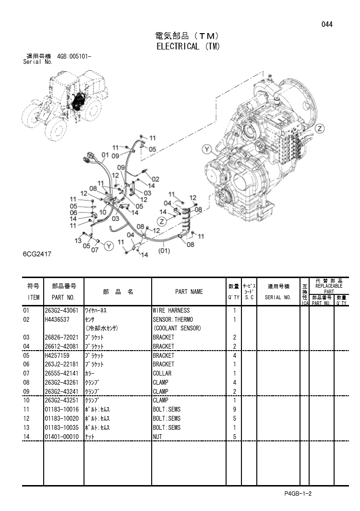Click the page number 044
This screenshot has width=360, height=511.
coord(327,25)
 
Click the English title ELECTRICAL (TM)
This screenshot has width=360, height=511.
coord(188,47)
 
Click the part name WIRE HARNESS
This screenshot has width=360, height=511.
coord(171,311)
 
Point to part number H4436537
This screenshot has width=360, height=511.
coord(58,319)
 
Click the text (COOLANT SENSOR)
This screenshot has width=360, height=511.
coord(177,328)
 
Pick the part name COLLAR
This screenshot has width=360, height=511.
coord(162,373)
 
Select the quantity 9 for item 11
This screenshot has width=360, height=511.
coord(234,409)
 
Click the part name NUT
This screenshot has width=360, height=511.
coord(157,437)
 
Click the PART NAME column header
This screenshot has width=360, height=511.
coord(189,292)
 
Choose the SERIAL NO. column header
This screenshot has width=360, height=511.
coord(278,297)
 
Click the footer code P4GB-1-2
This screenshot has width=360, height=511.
coord(298,494)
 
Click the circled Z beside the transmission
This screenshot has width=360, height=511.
coord(321,128)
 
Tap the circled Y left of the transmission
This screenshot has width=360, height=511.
coord(207,149)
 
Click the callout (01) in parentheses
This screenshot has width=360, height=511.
coord(164,250)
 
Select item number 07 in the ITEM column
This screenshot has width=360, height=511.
coord(26,373)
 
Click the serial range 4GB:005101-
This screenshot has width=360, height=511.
coord(74,56)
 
